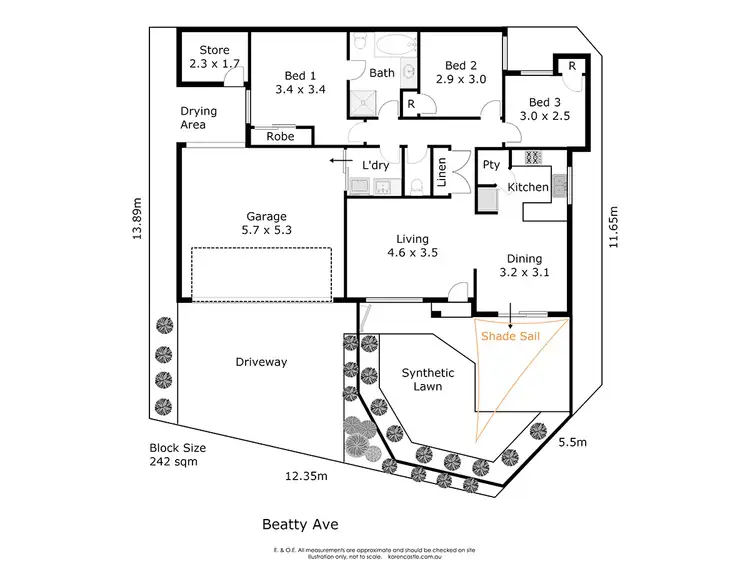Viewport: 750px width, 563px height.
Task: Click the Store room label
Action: (x=214, y=50)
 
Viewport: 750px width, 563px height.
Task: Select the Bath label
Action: (x=382, y=73)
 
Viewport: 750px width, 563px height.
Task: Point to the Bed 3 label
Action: (x=545, y=102)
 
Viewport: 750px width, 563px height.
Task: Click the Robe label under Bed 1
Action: (x=280, y=136)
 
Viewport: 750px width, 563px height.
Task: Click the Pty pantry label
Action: (x=491, y=165)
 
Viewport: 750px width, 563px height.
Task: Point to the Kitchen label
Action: (x=528, y=187)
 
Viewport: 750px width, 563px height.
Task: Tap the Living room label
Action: (x=412, y=239)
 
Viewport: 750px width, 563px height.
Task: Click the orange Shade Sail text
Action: (x=510, y=337)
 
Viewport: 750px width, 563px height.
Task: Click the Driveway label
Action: (x=261, y=362)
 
